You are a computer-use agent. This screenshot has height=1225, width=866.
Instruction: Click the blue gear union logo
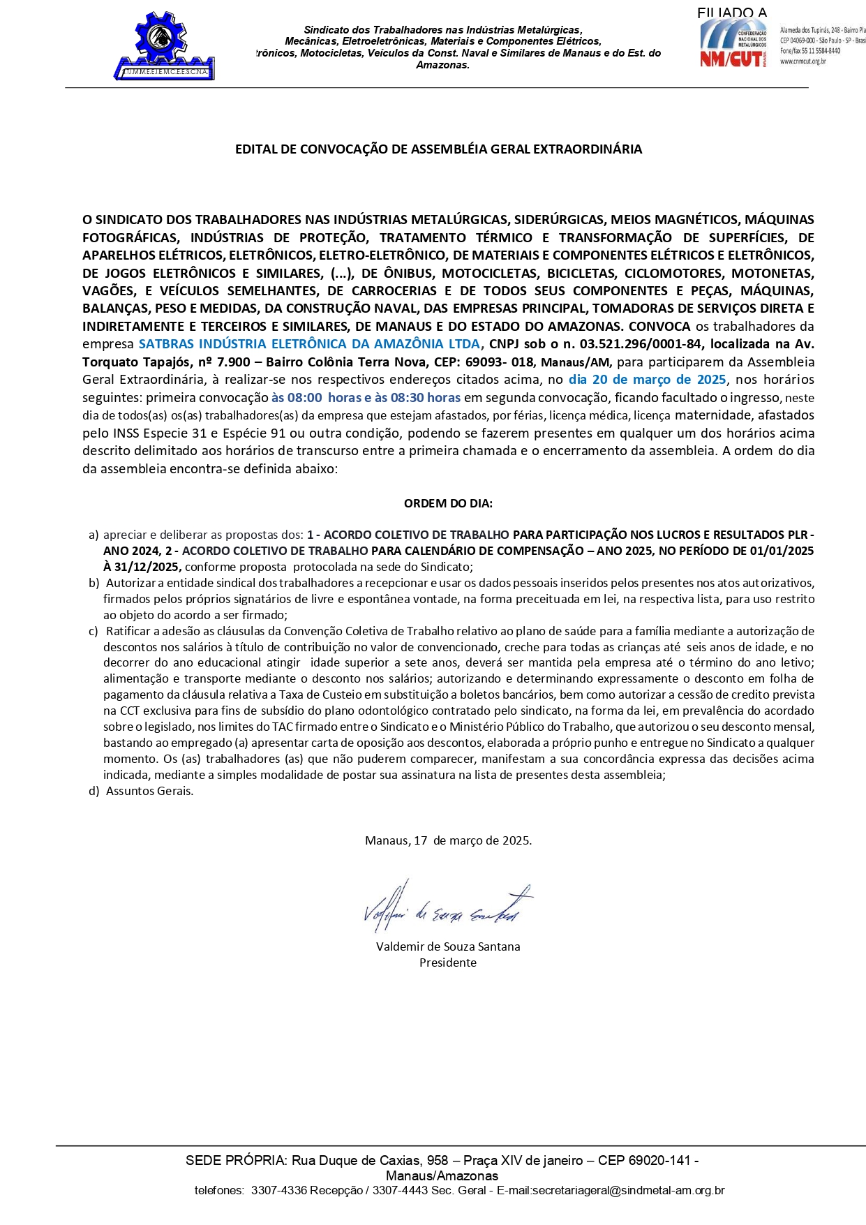click(164, 45)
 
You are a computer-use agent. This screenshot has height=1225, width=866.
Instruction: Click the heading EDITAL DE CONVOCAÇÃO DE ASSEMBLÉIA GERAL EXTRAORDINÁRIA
click(438, 149)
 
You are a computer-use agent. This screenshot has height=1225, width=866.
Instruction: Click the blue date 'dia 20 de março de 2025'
click(647, 380)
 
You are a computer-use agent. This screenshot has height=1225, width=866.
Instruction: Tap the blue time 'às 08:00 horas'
click(315, 398)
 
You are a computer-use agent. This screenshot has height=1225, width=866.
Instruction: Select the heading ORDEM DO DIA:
click(448, 503)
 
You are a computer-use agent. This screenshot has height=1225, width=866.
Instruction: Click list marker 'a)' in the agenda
click(94, 535)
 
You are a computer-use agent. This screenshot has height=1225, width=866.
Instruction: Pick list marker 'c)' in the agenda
click(94, 631)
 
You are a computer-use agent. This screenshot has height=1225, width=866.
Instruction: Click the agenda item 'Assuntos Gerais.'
click(149, 791)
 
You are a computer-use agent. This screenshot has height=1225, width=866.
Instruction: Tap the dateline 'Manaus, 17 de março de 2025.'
click(448, 840)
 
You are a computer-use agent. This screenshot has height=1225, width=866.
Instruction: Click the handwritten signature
click(447, 907)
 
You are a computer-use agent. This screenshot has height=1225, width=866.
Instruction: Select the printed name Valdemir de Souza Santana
click(448, 946)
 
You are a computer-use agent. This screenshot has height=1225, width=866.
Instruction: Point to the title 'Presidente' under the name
click(448, 963)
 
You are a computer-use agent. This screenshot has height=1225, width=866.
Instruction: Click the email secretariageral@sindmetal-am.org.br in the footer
click(628, 1190)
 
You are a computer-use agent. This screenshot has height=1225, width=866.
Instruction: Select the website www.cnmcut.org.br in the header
click(803, 61)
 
